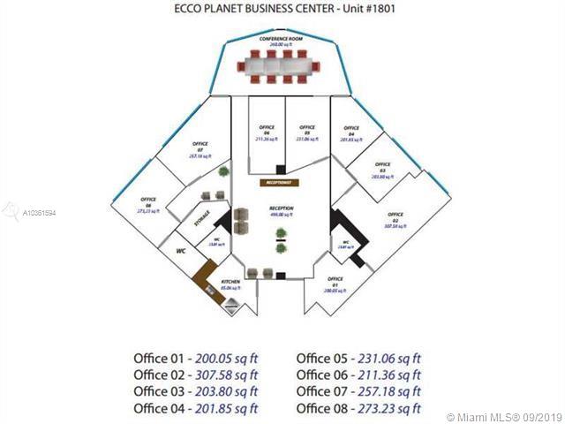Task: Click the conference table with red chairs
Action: pyautogui.click(x=282, y=64)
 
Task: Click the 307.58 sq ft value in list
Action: pyautogui.click(x=225, y=374)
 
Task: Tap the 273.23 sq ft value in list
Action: pyautogui.click(x=388, y=407)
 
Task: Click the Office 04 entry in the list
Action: pyautogui.click(x=159, y=407)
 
